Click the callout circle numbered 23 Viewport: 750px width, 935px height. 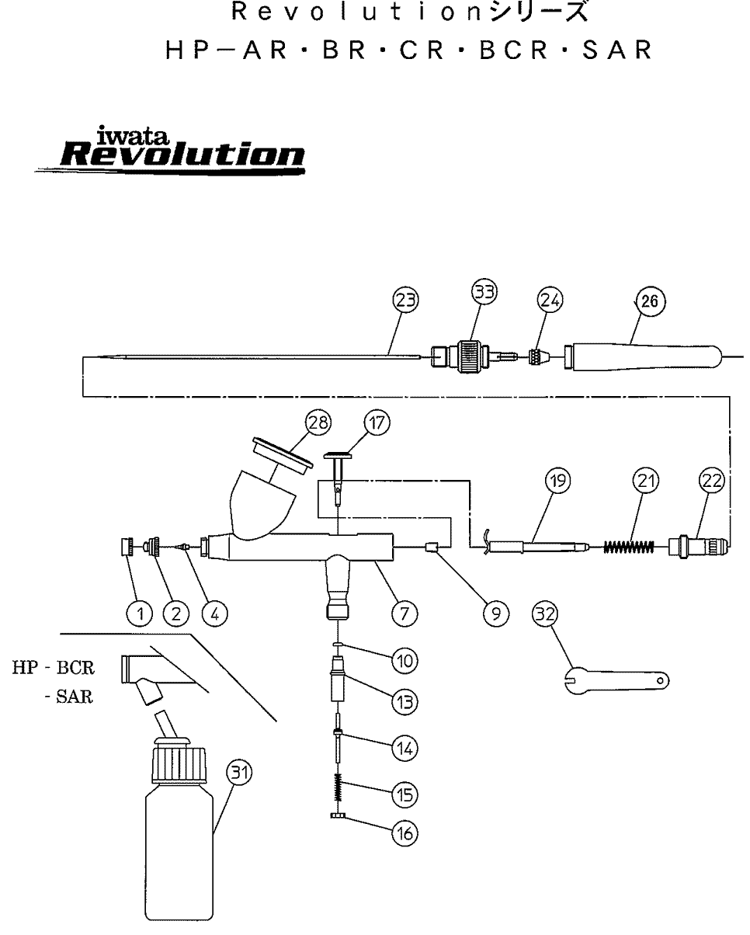point(405,299)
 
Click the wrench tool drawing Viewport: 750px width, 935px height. point(614,678)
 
